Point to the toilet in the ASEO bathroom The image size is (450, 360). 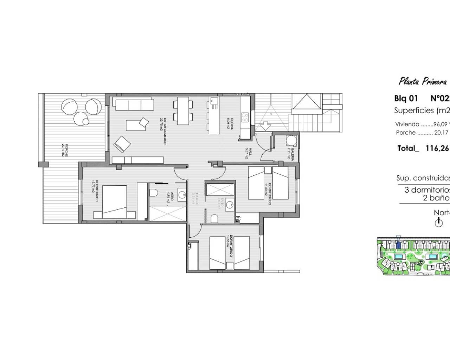coord(153,193)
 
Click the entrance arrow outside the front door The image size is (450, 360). coord(263,125)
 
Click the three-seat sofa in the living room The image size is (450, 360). coord(133,104)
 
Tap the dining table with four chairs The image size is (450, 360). coord(182,111)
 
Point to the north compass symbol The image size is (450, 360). coord(438,222)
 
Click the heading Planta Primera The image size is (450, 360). coord(422,82)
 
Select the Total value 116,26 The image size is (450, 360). coord(437,148)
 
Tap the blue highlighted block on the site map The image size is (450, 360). coord(398,245)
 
